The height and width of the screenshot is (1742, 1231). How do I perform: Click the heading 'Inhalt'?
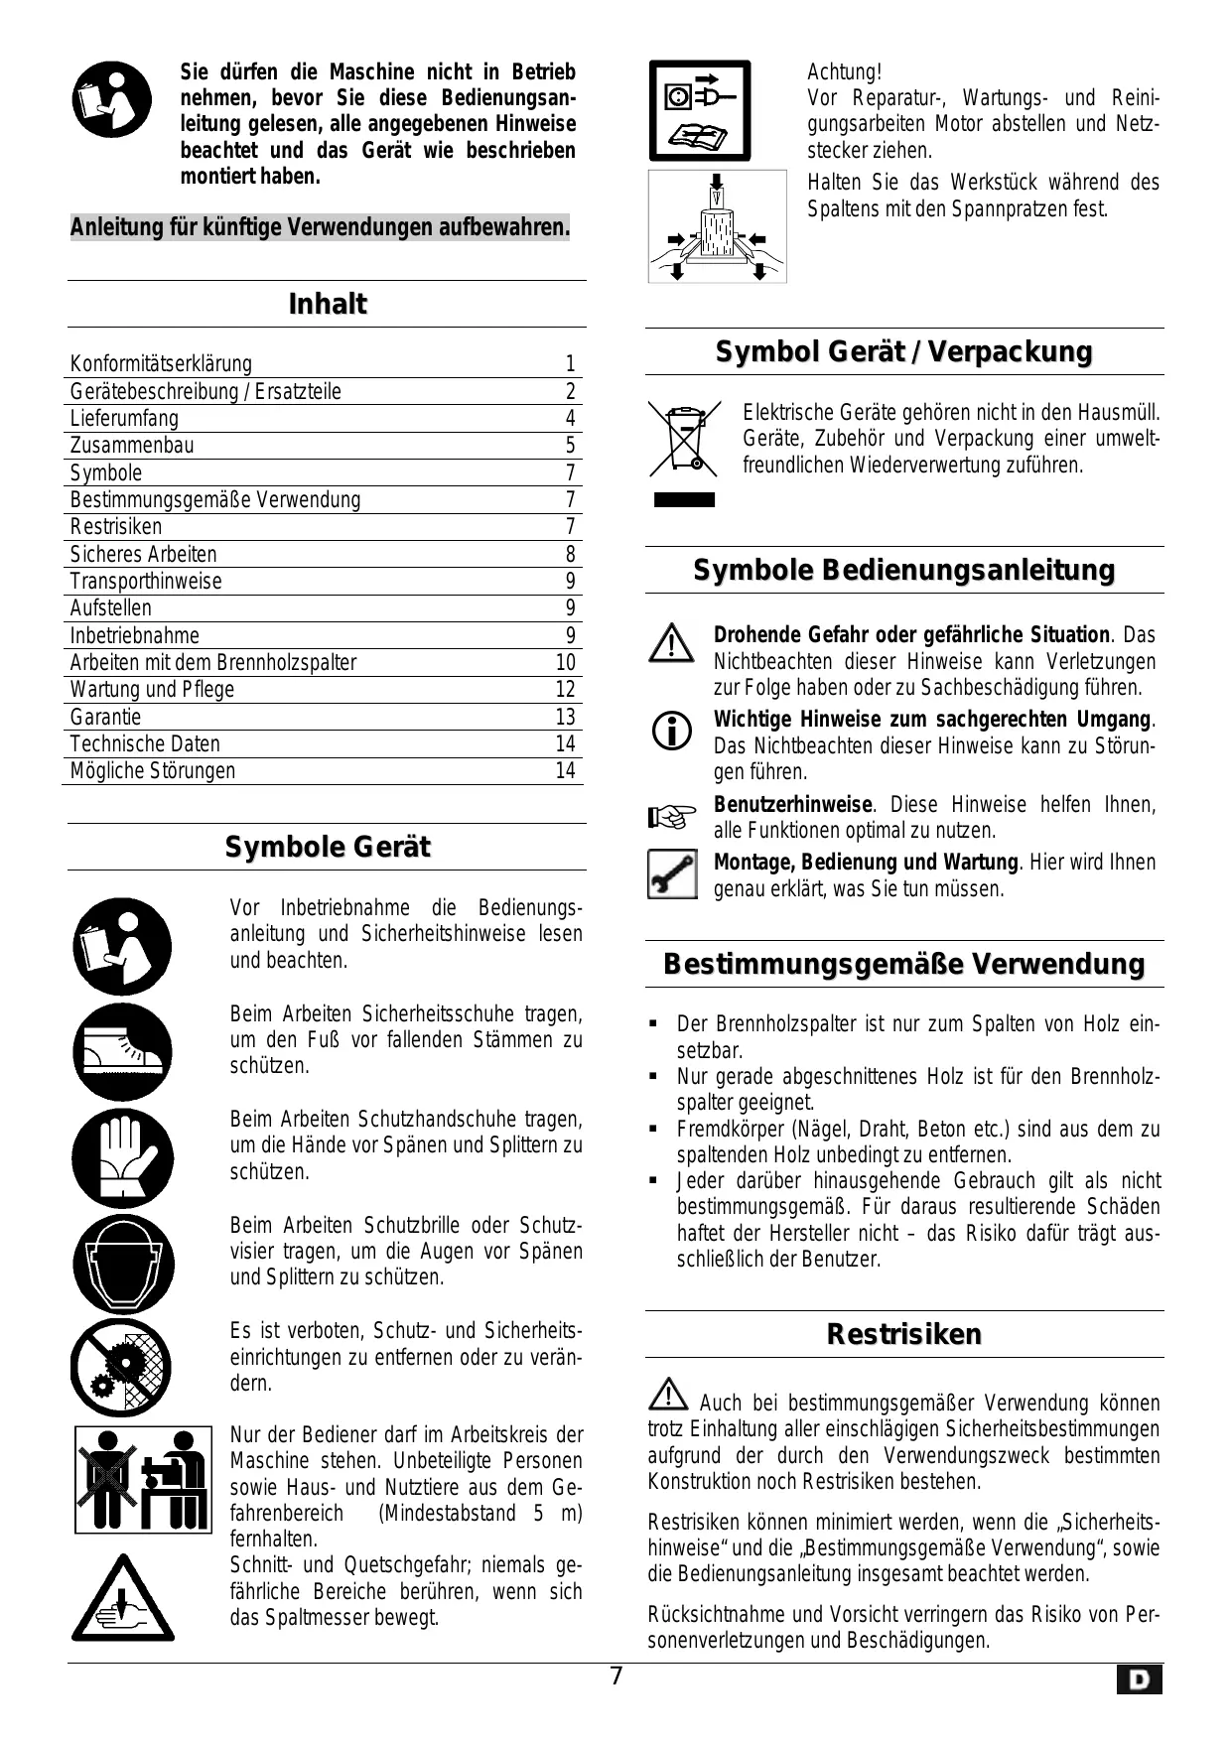[x=327, y=304]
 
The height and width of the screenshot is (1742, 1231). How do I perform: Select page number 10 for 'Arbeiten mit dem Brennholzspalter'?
[x=565, y=663]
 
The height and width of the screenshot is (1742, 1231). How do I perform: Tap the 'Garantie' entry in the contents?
[x=105, y=717]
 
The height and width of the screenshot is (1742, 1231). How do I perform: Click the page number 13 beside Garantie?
[x=565, y=717]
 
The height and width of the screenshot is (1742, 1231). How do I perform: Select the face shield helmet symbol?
[x=122, y=1264]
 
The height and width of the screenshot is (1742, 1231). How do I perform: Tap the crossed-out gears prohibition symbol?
[x=121, y=1369]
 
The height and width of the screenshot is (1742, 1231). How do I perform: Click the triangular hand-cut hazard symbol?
[x=122, y=1598]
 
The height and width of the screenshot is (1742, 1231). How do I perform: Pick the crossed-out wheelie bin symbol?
[x=684, y=440]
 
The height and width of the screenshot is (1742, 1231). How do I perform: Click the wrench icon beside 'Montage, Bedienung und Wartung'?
[x=672, y=874]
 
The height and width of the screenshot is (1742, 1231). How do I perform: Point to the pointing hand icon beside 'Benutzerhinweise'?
[x=672, y=817]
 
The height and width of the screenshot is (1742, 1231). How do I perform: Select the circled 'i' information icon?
[x=672, y=732]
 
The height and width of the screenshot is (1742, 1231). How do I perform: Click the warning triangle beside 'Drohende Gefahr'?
[x=672, y=644]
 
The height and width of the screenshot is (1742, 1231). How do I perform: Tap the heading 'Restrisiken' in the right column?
[x=903, y=1334]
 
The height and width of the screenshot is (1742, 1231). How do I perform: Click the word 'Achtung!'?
[x=844, y=72]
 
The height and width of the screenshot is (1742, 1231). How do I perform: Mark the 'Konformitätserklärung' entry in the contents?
[x=161, y=363]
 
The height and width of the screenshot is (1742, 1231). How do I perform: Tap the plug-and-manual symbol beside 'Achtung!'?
[x=700, y=110]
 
